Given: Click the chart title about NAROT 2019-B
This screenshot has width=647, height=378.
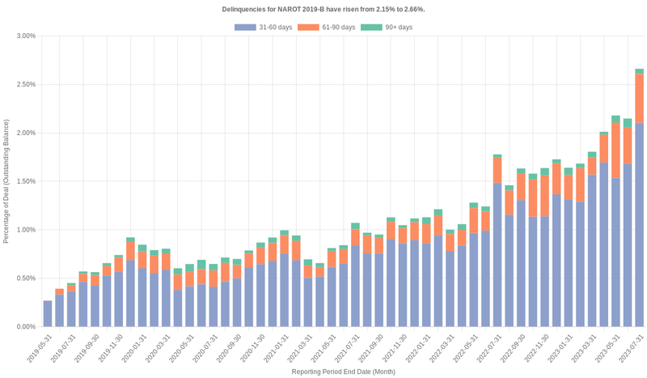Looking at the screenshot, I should coord(323,9).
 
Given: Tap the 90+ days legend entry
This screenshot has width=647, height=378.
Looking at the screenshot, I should coord(387,28).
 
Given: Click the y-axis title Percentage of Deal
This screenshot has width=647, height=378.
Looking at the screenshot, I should coord(6,181).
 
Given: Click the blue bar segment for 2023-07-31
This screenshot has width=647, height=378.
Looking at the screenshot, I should coord(639,227).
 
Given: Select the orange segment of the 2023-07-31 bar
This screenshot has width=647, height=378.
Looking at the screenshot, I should coord(639,98).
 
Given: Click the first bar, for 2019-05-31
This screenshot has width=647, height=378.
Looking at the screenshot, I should coord(48,313).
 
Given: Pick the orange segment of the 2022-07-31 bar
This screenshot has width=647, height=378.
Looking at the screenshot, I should coord(497,170).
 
